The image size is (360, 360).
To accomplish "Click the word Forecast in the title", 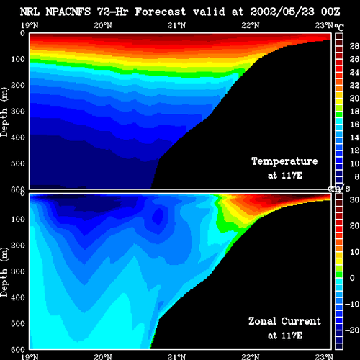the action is [161, 12].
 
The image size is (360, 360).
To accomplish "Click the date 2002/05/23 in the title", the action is [282, 12].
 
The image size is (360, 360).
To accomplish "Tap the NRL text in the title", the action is [30, 12].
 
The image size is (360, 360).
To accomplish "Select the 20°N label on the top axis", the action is [103, 25].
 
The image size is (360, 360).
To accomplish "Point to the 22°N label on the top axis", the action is [251, 25].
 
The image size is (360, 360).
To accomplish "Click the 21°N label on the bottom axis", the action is [176, 356].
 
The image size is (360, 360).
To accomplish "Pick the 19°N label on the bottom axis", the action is [30, 356].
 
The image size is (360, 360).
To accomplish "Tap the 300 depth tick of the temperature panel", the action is [18, 112].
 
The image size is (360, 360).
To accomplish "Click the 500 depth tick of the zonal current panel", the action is [18, 323].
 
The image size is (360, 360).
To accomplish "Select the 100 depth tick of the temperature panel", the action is [18, 59].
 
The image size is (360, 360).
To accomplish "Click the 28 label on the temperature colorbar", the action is [354, 46].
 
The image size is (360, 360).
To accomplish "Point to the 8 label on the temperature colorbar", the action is [357, 176].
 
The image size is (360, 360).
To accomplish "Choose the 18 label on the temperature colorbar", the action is [354, 112].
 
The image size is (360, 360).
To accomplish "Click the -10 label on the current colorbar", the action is [352, 304].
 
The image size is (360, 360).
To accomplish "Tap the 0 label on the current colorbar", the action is [352, 278].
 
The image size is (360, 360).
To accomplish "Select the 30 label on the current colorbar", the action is [354, 199].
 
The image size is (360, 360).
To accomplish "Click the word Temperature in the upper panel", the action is [284, 161].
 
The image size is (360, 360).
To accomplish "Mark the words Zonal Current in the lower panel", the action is [284, 321].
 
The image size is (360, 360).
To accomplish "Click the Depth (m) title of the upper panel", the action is [4, 112].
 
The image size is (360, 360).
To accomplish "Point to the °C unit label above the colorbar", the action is [339, 27].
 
